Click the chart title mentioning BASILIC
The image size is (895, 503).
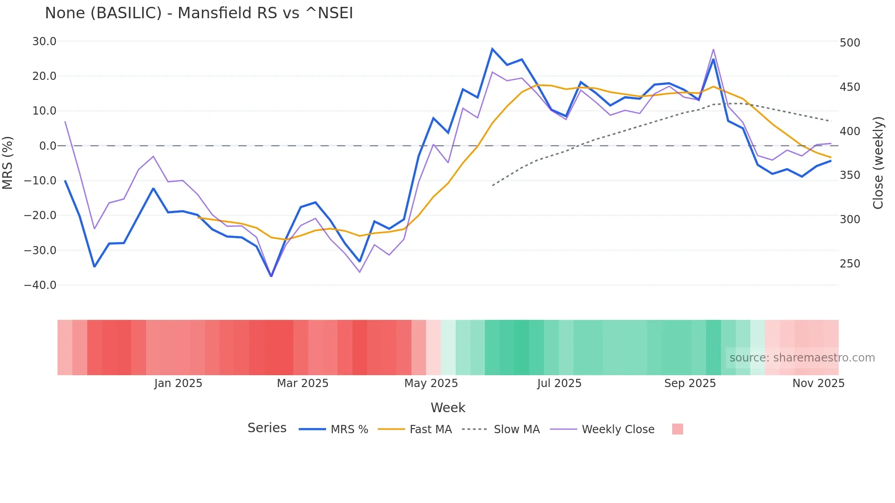[199, 13]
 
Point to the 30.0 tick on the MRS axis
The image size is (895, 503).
[44, 42]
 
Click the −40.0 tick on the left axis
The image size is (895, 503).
[40, 285]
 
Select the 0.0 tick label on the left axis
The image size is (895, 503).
[48, 146]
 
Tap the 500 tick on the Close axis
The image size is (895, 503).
[850, 43]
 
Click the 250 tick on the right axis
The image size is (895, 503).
[850, 264]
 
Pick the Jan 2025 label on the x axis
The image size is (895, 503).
[178, 383]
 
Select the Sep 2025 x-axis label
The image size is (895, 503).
[690, 383]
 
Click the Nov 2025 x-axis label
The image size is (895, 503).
[818, 383]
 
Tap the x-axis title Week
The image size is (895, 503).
[447, 408]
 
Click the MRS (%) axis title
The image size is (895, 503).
[8, 162]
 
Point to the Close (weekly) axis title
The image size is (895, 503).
[878, 162]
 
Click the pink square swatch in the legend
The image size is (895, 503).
[677, 429]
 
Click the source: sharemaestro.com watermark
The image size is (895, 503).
[802, 358]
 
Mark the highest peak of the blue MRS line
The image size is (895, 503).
[492, 49]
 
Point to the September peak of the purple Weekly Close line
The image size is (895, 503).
[713, 49]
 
